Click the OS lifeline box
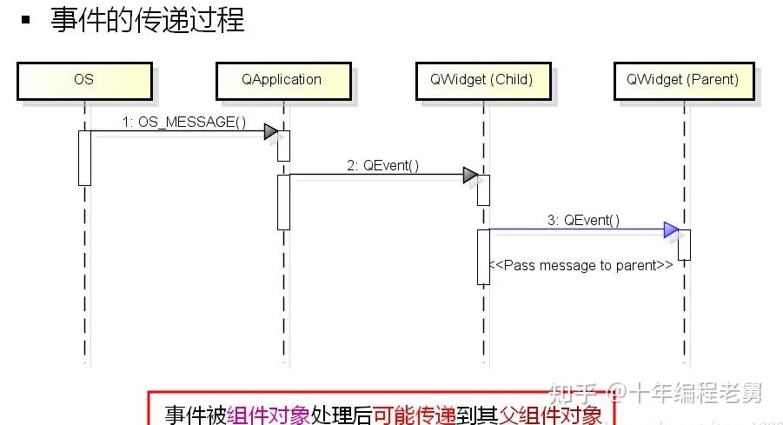coord(83,80)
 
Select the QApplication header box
coord(282,80)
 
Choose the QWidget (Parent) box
coord(682,80)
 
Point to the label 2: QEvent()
coord(382,165)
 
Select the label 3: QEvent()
coord(583,221)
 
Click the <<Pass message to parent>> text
coord(581,265)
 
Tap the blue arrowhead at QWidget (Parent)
coord(671,230)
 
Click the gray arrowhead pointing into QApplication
coord(271,132)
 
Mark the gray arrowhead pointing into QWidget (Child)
coord(470,176)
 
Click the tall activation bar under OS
coord(84,157)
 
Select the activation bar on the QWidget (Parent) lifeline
coord(684,244)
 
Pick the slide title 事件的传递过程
coord(148,20)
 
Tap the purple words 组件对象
coord(269,415)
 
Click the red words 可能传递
coord(415,415)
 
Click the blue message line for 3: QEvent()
coord(574,230)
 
